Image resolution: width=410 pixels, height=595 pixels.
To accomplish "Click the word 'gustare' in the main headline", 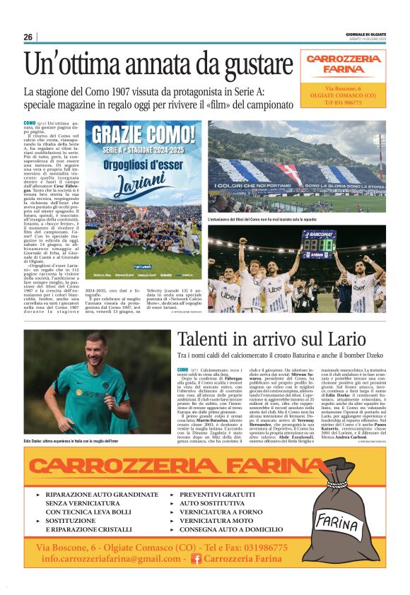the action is [251, 65].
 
